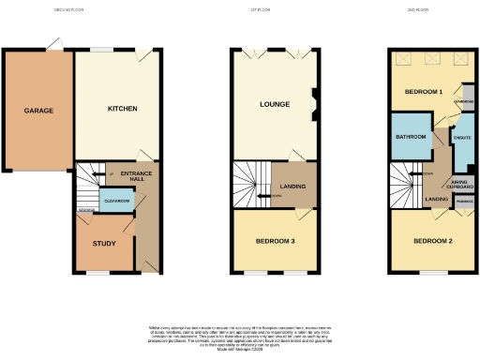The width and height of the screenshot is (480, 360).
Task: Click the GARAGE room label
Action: click(x=38, y=111)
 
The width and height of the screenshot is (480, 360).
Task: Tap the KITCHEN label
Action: click(x=122, y=109)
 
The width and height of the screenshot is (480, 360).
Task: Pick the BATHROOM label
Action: click(x=412, y=138)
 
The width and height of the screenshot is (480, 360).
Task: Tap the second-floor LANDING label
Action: click(x=435, y=199)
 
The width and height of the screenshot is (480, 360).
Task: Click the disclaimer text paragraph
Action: click(x=240, y=335)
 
